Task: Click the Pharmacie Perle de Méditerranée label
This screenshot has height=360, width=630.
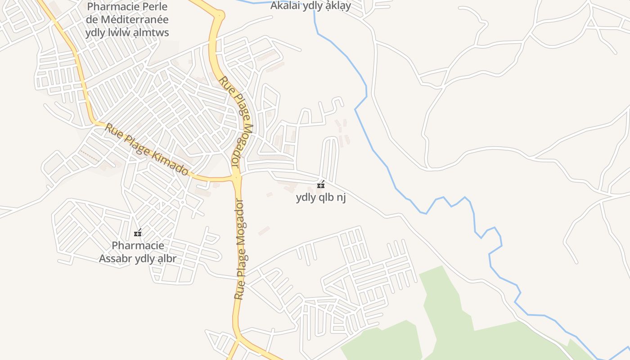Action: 127,20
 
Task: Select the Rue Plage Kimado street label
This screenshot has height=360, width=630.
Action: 147,149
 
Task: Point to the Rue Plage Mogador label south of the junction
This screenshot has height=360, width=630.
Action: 242,250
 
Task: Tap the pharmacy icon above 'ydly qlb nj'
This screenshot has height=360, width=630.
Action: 321,185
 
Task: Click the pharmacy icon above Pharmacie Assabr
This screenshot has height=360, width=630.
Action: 138,233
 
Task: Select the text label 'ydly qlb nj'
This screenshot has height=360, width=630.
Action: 321,198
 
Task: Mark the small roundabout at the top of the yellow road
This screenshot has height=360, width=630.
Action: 220,16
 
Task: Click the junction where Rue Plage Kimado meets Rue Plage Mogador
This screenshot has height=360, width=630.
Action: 237,178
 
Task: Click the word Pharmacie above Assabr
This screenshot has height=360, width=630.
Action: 138,246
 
